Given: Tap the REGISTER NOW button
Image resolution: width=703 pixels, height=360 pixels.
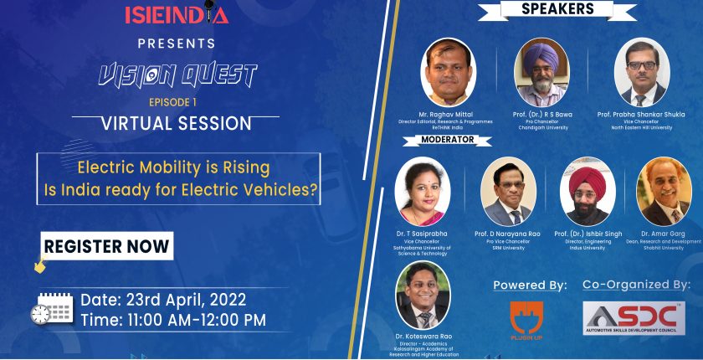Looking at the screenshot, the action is (107, 245).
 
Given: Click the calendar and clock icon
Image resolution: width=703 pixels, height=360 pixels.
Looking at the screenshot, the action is (52, 308).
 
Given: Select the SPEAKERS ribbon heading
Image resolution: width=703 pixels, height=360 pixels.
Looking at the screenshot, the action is (557, 10).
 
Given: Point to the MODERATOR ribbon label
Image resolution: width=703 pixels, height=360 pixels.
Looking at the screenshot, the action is (447, 140).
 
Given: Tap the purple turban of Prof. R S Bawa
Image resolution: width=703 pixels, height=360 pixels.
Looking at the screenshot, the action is (541, 55).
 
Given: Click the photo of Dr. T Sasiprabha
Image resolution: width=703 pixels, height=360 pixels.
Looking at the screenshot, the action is (423, 192).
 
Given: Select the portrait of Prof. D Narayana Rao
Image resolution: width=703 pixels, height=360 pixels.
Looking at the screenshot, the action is (508, 192).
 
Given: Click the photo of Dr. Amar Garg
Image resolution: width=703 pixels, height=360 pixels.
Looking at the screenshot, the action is (664, 192).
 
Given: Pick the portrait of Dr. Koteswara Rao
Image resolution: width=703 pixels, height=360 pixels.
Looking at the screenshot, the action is (423, 296).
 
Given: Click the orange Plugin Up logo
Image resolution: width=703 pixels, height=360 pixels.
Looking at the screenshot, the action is (526, 320).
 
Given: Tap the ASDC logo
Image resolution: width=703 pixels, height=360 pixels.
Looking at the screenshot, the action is (634, 318).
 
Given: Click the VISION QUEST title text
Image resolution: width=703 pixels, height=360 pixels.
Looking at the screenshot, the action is (177, 75).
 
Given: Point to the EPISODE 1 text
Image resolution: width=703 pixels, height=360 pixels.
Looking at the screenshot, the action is (172, 102).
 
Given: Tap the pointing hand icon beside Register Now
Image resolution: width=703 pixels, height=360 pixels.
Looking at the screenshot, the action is (40, 264).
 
